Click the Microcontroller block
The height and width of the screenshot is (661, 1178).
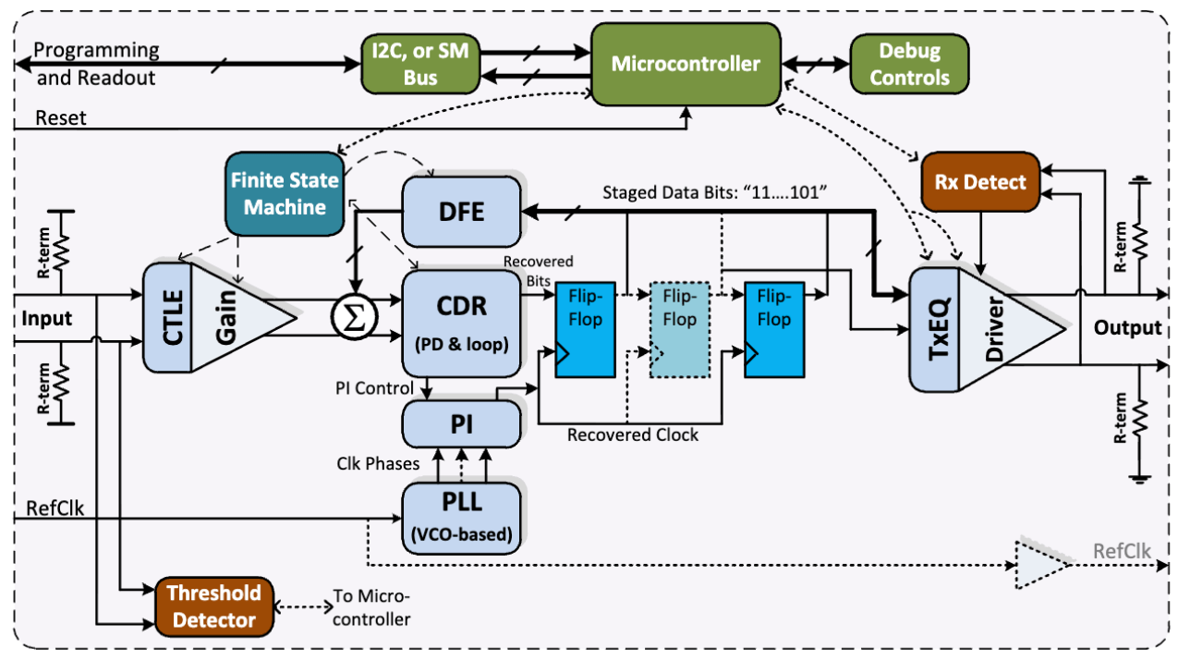[685, 64]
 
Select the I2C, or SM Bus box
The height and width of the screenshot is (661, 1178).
[420, 64]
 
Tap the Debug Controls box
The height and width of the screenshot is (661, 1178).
[909, 64]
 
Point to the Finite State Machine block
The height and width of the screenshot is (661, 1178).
[284, 193]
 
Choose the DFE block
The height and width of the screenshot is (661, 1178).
[461, 211]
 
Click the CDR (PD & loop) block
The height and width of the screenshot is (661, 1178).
[461, 319]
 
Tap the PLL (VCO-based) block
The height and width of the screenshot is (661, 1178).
[461, 514]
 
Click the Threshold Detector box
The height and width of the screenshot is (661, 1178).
[214, 606]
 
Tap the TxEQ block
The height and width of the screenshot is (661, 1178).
[934, 329]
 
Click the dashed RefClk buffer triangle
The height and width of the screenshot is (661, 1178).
[1039, 564]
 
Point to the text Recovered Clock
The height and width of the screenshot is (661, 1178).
[633, 435]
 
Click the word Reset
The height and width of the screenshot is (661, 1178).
[60, 117]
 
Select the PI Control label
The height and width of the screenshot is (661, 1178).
[374, 388]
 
